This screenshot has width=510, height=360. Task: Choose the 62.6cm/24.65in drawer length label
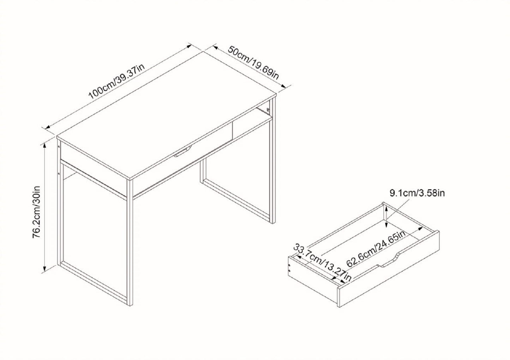click(378, 249)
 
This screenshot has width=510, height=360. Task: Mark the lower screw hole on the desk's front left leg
click(59, 173)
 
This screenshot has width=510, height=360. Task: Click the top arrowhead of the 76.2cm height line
click(45, 145)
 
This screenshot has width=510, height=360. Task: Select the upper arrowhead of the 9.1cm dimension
click(387, 208)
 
